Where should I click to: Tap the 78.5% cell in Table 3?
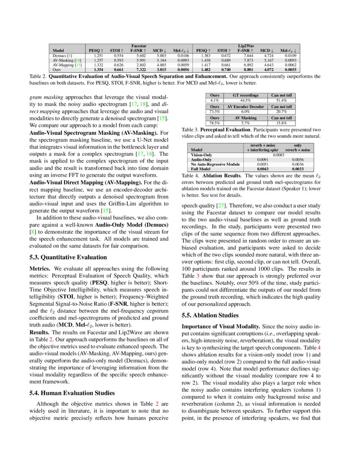215,122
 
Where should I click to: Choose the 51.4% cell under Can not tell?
282,100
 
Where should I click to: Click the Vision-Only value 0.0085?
278,155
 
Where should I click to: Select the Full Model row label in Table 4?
202,169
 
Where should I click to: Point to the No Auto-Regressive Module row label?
216,164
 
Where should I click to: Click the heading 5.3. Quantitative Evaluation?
68,257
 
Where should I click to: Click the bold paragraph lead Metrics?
40,269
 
